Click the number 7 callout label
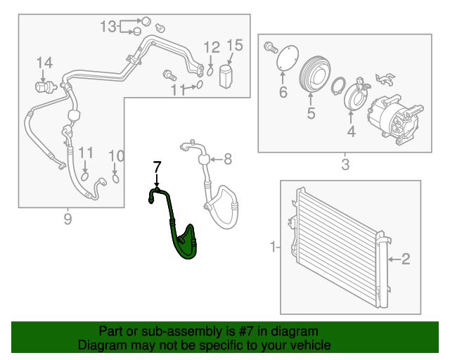[x=157, y=167]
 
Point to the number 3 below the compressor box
[x=345, y=165]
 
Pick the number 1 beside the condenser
[x=274, y=247]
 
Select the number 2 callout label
[x=405, y=259]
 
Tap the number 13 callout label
[x=108, y=27]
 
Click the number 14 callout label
[x=44, y=63]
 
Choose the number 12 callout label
[x=212, y=47]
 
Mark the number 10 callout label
[x=116, y=155]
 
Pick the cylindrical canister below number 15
[x=226, y=75]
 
